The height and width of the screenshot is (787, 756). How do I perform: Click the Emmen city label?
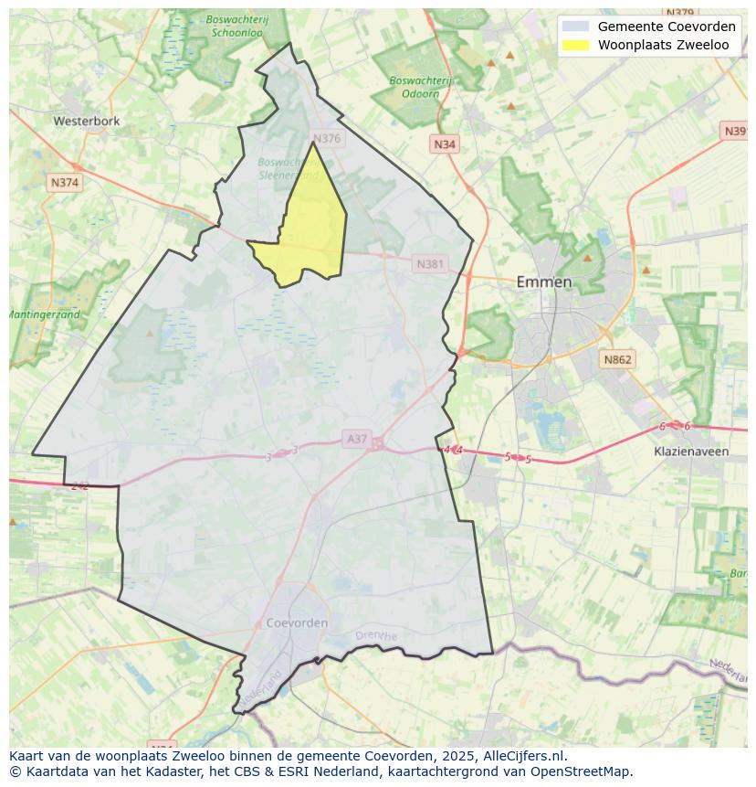click(544, 282)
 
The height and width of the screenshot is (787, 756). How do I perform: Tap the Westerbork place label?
click(87, 121)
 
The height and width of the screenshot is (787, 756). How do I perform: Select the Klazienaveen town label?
click(691, 452)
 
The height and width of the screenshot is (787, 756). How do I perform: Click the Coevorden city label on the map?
click(297, 623)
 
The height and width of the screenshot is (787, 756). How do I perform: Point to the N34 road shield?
click(445, 144)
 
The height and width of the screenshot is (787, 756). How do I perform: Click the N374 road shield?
click(65, 183)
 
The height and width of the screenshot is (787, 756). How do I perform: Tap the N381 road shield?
click(430, 264)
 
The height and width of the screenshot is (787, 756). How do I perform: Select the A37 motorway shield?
click(357, 440)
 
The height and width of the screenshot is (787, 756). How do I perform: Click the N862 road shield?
click(617, 360)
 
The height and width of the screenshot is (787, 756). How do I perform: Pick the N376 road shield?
click(326, 139)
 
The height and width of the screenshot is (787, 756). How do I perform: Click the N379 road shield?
click(680, 13)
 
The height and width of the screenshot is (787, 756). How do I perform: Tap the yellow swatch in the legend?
click(575, 45)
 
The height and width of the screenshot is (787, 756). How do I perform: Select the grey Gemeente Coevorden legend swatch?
click(575, 27)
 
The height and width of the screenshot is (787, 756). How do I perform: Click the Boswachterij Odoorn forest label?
click(420, 87)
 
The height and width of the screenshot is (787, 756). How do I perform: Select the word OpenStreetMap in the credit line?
click(581, 771)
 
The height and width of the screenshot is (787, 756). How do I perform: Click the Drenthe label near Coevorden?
click(376, 636)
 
